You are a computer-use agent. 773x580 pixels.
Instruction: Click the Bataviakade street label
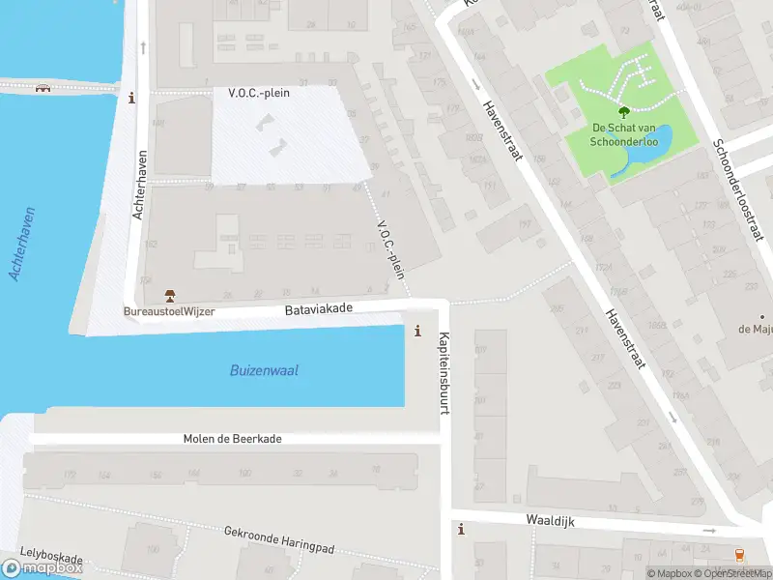319,309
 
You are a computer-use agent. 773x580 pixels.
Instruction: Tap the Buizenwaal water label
264,370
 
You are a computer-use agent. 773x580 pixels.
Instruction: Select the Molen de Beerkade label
232,439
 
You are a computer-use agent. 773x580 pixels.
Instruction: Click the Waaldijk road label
551,520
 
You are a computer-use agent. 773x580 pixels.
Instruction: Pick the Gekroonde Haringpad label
278,540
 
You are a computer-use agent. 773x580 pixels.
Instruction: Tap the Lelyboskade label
51,559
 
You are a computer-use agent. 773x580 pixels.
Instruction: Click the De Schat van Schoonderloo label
625,135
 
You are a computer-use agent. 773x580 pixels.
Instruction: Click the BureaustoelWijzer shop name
168,312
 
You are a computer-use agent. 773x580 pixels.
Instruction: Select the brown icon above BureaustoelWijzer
169,296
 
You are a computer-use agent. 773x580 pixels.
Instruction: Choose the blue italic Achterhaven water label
23,244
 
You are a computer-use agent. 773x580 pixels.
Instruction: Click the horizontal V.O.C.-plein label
272,93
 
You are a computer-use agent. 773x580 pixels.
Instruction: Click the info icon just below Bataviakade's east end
417,331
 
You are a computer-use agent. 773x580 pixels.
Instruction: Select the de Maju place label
755,330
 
